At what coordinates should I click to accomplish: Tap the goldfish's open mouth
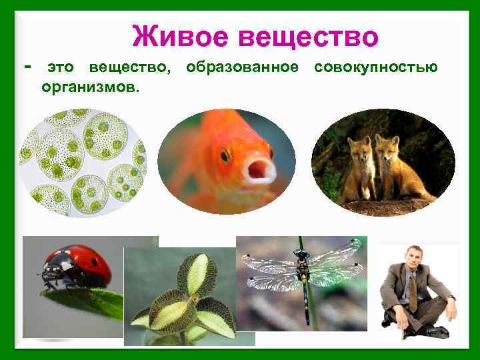pyautogui.click(x=259, y=171)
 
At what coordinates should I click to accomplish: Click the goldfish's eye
pyautogui.click(x=225, y=155)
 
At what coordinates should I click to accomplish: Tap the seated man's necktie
pyautogui.click(x=413, y=287)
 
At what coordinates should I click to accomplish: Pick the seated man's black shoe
pyautogui.click(x=437, y=331)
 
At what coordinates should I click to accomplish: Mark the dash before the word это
pyautogui.click(x=27, y=67)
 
